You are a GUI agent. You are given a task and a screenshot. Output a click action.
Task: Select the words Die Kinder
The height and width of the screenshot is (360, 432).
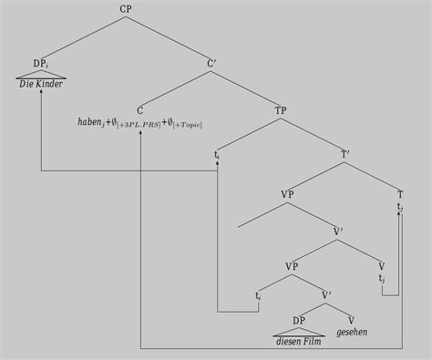coord(41,85)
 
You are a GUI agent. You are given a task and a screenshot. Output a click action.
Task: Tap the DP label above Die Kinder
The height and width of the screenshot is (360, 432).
coord(40,64)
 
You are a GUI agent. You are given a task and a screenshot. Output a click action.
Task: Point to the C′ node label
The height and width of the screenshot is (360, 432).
coord(211,64)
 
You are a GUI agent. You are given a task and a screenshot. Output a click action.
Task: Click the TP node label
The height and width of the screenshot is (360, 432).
coord(280,110)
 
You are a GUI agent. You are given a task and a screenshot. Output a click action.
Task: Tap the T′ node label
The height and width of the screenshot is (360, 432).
coord(345,154)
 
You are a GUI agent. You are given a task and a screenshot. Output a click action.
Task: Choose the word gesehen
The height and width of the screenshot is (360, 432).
coord(352,333)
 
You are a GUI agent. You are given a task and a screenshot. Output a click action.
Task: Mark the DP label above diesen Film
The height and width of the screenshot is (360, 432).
coord(298,319)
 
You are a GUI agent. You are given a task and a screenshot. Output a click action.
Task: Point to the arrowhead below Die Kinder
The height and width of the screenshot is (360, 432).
coord(41,94)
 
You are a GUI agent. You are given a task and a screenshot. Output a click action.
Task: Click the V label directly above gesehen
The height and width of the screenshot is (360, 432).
coord(351,319)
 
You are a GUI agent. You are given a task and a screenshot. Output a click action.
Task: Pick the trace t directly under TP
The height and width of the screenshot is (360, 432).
coord(217,155)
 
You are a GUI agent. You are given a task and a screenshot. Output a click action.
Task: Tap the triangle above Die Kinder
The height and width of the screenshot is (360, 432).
coord(41,75)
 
